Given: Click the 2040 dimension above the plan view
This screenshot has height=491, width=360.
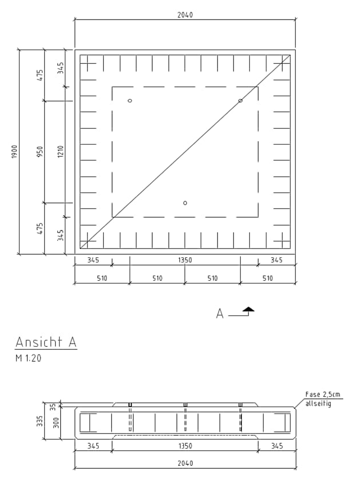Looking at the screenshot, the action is tap(185, 15).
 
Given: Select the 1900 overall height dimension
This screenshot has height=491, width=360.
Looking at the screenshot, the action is tap(15, 151).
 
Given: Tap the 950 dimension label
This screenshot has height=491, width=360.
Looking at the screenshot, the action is tap(40, 151).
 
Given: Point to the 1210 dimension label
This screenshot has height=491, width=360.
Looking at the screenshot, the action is tap(60, 151).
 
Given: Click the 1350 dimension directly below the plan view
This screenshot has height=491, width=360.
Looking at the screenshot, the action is tap(185, 260).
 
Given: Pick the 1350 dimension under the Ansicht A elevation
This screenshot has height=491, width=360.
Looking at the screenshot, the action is tap(185, 446).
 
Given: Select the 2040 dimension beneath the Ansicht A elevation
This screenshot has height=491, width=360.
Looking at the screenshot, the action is tap(185, 463).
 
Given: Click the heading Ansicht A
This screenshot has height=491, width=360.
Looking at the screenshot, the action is tap(46, 342).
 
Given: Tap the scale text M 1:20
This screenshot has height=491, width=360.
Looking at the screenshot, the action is tap(28, 358).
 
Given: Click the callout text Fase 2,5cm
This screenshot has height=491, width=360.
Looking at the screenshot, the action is tap(322, 395).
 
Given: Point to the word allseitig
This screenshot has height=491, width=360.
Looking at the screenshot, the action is tap(318, 404).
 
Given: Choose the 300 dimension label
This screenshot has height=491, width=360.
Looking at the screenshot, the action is tap(56, 423).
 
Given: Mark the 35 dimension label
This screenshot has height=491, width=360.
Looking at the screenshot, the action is tap(53, 407).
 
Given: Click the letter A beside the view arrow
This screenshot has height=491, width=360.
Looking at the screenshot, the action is tap(220, 313).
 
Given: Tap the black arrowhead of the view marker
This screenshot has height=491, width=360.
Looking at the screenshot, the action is tap(249, 309).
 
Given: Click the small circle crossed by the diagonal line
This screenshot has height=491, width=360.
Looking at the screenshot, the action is tap(240, 100).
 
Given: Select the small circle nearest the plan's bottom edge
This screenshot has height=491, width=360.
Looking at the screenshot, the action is tap(185, 203).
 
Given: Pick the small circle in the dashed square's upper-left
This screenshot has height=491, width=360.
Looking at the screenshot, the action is tap(130, 100).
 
